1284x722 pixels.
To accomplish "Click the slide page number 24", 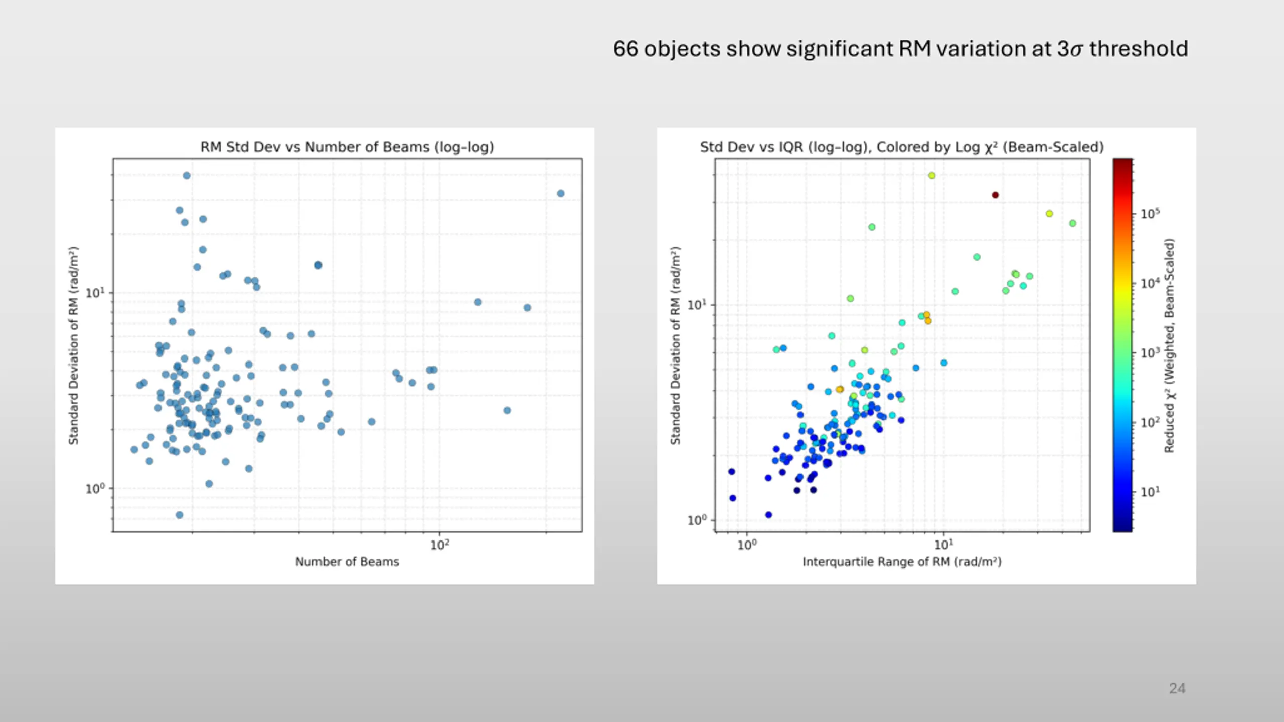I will click(x=1177, y=688).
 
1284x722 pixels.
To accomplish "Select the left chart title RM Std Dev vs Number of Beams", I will click(x=347, y=147).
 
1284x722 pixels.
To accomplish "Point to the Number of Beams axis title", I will click(x=347, y=562).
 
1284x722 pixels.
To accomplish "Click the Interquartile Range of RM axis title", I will click(x=902, y=562).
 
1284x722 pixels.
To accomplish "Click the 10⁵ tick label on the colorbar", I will click(x=1150, y=214).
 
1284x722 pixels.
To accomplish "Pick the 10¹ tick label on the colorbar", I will click(x=1150, y=492).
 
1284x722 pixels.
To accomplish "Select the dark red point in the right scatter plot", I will click(x=995, y=195).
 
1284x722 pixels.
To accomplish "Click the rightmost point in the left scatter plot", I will click(x=561, y=194).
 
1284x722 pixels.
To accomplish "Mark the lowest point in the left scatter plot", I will click(x=180, y=515).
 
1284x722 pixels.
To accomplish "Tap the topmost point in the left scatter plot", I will click(x=187, y=176).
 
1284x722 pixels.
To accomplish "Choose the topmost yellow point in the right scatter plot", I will click(x=932, y=176).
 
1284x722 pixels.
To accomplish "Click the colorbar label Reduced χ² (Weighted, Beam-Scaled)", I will click(x=1169, y=345).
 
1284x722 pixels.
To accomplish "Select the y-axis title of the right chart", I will click(x=675, y=345).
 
